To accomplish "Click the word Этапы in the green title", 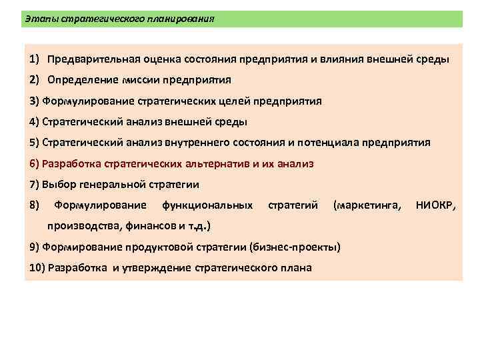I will [39, 19].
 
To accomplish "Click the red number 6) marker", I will [34, 163].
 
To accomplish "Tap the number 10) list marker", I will [37, 268].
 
